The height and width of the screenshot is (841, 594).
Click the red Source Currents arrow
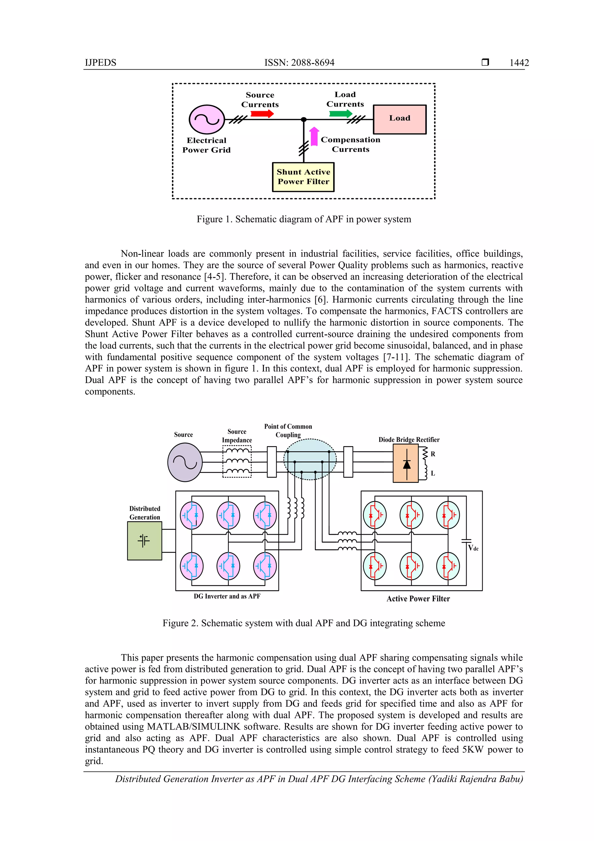coord(262,114)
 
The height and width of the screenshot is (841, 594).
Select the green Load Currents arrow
coord(341,114)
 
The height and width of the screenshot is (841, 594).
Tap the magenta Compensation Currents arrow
coord(314,136)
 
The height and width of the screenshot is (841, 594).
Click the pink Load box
coord(400,119)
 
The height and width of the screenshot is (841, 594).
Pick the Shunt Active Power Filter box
coord(303,177)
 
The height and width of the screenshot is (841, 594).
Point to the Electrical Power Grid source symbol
coord(207,119)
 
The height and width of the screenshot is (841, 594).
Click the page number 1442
coord(519,63)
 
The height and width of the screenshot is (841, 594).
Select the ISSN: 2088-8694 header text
coord(299,63)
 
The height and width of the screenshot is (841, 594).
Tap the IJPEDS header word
coord(100,63)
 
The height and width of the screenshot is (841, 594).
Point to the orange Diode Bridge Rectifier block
coord(405,463)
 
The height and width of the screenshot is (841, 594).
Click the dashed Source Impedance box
coord(237,461)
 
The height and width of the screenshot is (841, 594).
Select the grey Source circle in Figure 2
coord(185,462)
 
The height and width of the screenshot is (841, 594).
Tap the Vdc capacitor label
coord(473,548)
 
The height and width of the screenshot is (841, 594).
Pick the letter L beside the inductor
coord(433,473)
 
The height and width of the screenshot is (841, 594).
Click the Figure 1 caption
coord(304,219)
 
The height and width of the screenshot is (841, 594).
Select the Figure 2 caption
coord(304,623)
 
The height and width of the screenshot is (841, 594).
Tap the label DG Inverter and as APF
coord(227,596)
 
